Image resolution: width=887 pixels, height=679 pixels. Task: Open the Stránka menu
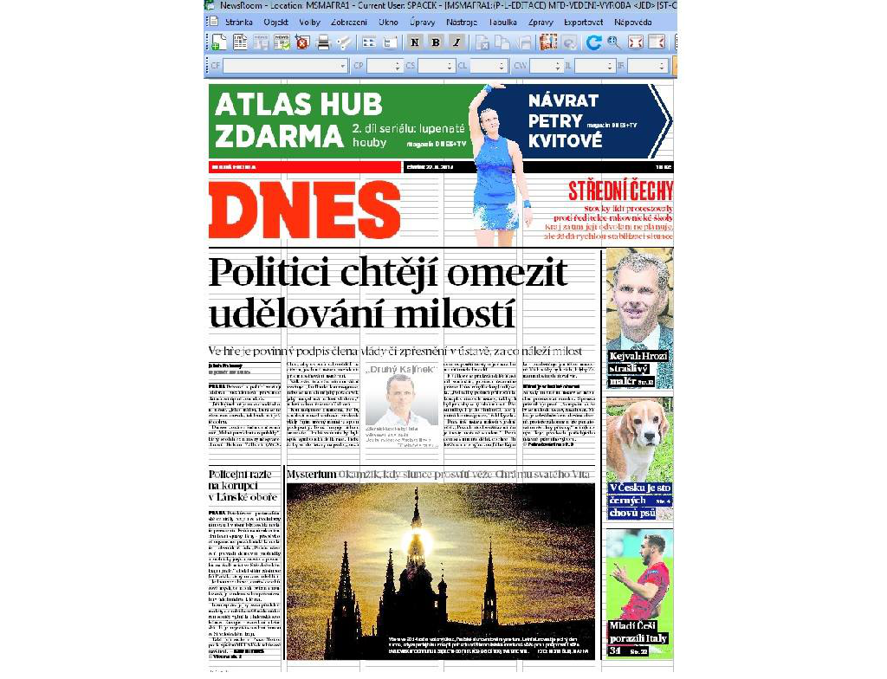click(x=240, y=22)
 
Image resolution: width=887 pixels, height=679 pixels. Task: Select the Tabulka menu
click(x=502, y=22)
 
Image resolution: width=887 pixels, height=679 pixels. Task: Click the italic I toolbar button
click(x=456, y=42)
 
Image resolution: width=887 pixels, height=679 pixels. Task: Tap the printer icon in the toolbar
click(x=323, y=42)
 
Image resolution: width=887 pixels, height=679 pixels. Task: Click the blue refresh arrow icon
click(x=593, y=42)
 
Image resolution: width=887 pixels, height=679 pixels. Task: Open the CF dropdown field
click(x=286, y=66)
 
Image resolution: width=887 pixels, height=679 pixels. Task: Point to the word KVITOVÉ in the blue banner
click(x=565, y=140)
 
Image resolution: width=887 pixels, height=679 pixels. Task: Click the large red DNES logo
click(x=304, y=211)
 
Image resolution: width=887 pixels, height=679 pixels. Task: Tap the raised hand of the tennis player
click(x=487, y=90)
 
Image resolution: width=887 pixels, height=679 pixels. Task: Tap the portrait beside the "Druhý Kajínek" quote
click(x=400, y=398)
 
